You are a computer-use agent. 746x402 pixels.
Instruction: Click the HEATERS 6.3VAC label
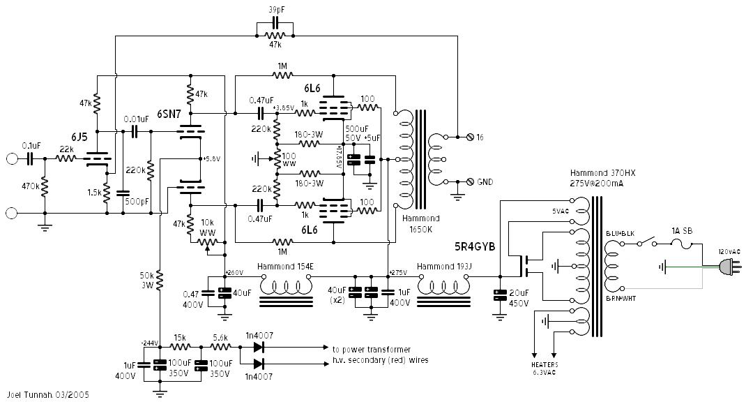pyautogui.click(x=544, y=369)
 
